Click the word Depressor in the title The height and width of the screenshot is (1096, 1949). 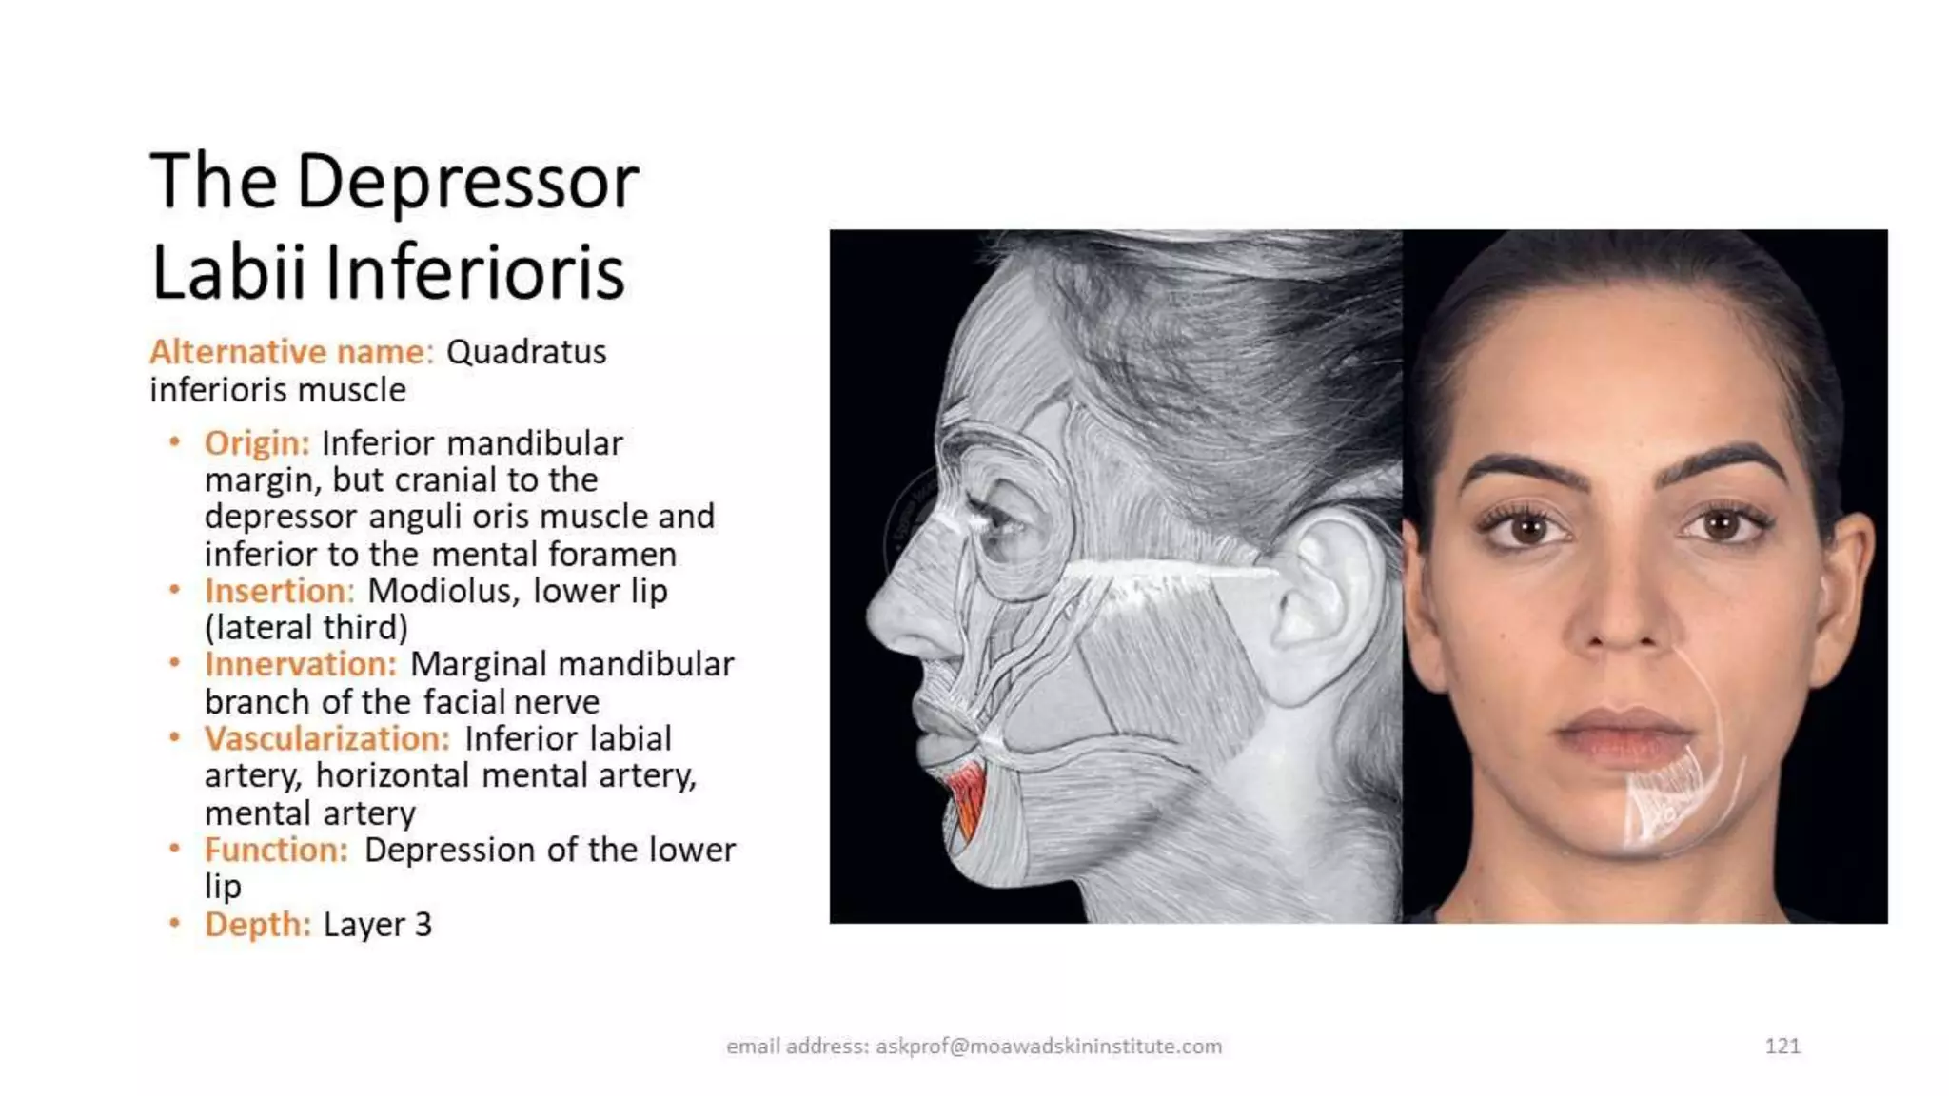click(467, 183)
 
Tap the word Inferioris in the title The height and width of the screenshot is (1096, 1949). click(475, 273)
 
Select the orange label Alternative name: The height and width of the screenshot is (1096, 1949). click(291, 352)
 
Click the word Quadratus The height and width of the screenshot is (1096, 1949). click(526, 352)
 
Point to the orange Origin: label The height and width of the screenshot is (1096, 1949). click(257, 443)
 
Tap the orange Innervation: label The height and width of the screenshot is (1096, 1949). click(300, 664)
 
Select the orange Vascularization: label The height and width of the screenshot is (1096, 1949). click(326, 738)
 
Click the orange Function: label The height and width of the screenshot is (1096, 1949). click(276, 850)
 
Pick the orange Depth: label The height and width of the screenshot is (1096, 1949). click(257, 924)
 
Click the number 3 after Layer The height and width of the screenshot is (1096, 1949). click(423, 924)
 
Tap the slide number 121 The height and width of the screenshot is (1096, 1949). click(1782, 1047)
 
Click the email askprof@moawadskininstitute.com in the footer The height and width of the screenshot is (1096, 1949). click(1049, 1047)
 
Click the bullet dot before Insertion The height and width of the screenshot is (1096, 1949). click(174, 590)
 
